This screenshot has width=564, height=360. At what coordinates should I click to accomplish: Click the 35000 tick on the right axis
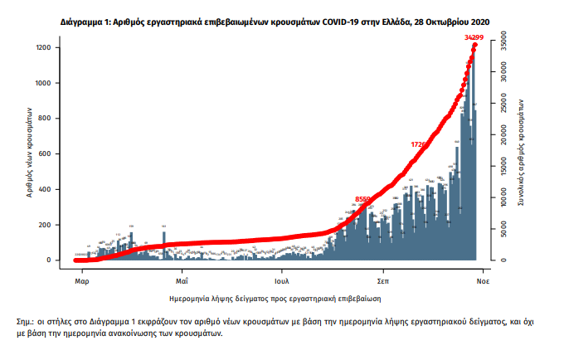[501, 36]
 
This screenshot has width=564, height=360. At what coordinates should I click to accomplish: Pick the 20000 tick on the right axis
[501, 132]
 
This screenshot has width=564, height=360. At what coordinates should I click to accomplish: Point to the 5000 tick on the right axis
[501, 228]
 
